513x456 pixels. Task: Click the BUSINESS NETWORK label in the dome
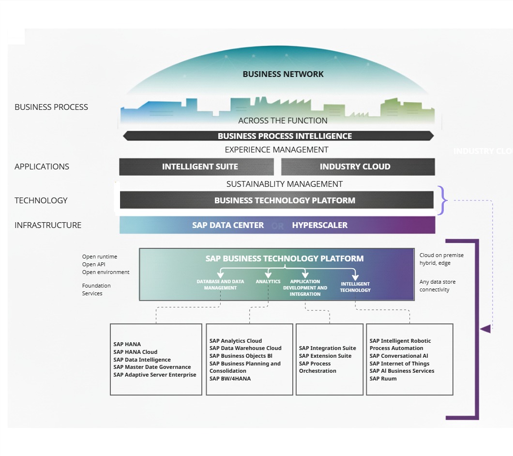point(283,74)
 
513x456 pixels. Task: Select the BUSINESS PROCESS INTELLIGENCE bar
point(285,136)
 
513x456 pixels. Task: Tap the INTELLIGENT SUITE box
point(200,167)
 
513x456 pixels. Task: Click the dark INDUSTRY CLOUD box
point(355,167)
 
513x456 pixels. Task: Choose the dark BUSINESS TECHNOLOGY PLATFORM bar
point(285,200)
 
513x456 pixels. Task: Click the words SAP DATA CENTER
point(228,225)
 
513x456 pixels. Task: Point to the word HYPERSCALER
point(319,225)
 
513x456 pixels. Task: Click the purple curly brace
point(441,200)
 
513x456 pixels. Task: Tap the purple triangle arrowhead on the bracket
point(485,329)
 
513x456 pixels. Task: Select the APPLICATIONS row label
point(42,167)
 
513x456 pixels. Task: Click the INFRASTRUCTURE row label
point(48,225)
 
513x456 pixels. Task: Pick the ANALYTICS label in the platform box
point(268,281)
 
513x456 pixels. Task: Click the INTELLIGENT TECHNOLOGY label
point(355,287)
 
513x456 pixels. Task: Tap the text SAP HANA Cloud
point(135,352)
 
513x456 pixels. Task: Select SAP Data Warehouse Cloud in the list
point(245,348)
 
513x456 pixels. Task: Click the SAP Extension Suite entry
point(325,356)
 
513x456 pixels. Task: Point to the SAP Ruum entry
point(383,379)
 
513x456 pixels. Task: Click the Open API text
point(93,264)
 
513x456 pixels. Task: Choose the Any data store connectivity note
point(438,286)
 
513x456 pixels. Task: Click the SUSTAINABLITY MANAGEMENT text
point(285,184)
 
